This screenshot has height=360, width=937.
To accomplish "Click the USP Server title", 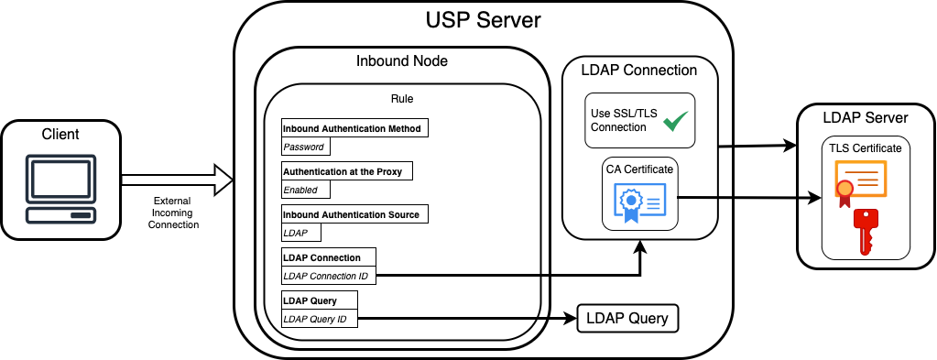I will click(x=483, y=21).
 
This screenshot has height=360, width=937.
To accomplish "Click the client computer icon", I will click(x=60, y=190).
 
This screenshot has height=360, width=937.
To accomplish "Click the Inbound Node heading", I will click(x=401, y=61).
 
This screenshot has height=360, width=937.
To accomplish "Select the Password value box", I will click(x=303, y=147).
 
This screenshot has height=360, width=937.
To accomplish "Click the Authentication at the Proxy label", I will click(x=347, y=171).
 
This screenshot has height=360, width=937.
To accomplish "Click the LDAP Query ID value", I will click(x=320, y=319).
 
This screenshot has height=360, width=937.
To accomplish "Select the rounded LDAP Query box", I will click(x=627, y=319).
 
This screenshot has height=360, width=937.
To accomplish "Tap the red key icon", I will click(x=864, y=230).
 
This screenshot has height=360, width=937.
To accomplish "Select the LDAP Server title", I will click(x=865, y=118).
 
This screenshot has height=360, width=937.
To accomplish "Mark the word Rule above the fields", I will click(x=401, y=98).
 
